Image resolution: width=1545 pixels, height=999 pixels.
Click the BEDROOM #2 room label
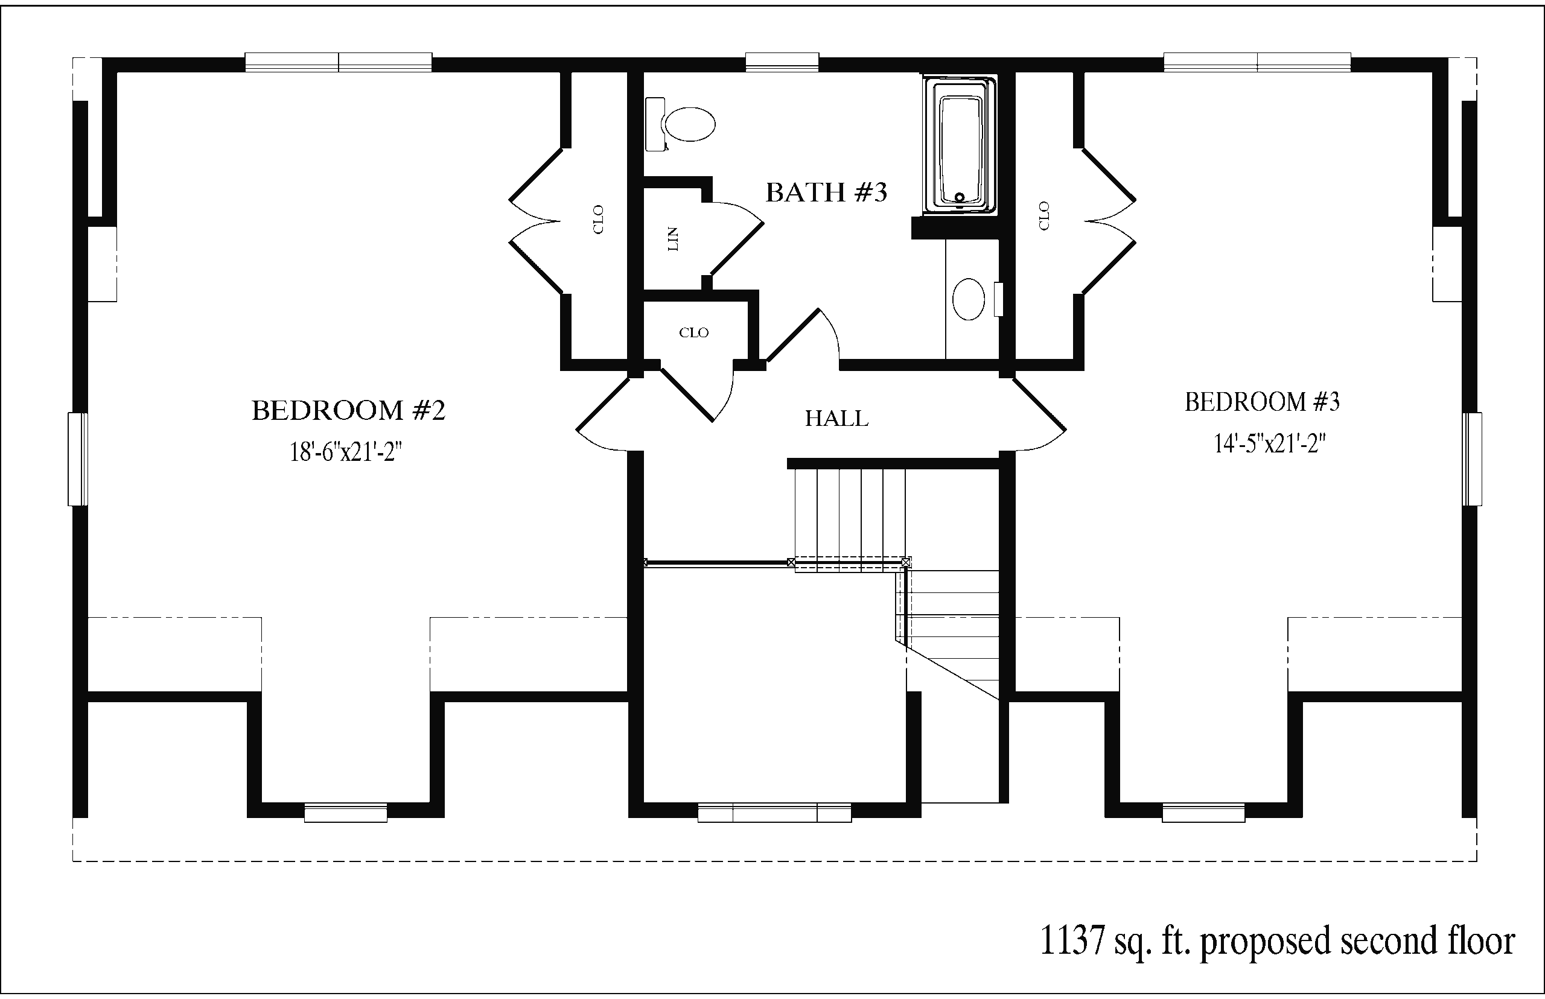348,411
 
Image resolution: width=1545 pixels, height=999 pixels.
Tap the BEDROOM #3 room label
1262,402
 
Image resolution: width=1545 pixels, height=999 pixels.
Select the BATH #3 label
826,192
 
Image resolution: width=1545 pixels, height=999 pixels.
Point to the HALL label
836,419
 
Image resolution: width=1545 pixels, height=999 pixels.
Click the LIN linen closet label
673,239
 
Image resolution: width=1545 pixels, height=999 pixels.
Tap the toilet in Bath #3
680,124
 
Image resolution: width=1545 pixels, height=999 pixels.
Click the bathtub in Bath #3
960,145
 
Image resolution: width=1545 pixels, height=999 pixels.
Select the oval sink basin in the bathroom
968,299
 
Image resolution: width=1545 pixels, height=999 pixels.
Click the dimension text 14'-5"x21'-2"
1269,444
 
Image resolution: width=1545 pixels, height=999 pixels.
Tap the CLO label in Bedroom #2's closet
598,219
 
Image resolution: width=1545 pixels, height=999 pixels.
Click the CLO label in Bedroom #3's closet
1044,215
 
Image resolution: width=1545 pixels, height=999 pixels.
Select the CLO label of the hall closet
693,333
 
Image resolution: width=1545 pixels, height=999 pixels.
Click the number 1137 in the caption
1072,940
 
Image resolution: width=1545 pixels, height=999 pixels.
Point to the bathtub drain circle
960,197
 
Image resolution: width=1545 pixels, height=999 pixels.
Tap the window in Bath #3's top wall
782,62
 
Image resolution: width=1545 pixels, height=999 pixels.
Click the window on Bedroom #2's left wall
78,458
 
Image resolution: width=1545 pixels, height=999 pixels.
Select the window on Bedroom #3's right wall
1472,458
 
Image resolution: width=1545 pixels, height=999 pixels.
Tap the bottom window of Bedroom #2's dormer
346,813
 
